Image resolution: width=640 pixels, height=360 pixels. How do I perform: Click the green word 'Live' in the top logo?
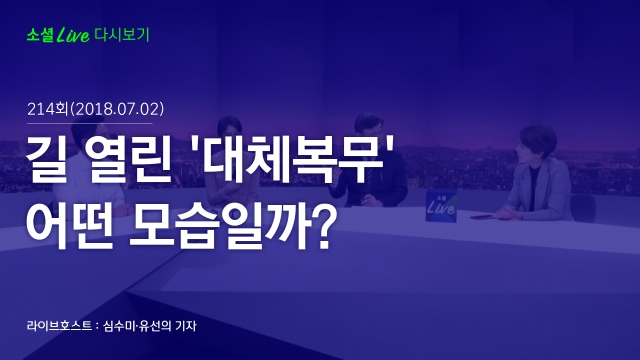coord(73,36)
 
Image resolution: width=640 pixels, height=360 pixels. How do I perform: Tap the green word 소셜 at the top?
coord(40,35)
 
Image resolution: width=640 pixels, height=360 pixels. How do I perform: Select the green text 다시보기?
coord(122,35)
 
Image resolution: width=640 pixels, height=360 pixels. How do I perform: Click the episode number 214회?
coord(47,109)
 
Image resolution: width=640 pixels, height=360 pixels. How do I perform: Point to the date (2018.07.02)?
coord(117,109)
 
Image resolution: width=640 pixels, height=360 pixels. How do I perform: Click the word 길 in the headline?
coord(46,159)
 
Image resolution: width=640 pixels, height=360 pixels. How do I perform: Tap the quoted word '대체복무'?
coord(294,158)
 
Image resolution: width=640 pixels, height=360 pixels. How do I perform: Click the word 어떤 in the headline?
coord(69,224)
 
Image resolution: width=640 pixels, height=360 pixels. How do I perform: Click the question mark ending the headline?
coord(322,224)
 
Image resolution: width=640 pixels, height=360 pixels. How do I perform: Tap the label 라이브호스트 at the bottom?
coord(59,326)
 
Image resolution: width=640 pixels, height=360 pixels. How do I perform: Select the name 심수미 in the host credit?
coord(119,326)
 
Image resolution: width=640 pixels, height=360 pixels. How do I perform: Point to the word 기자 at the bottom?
coord(186,326)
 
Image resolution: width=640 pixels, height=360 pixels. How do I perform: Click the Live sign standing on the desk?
coord(441,206)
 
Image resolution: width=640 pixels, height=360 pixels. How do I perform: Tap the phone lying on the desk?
coord(482,217)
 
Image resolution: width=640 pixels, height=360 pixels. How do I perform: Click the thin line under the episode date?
coord(90,123)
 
